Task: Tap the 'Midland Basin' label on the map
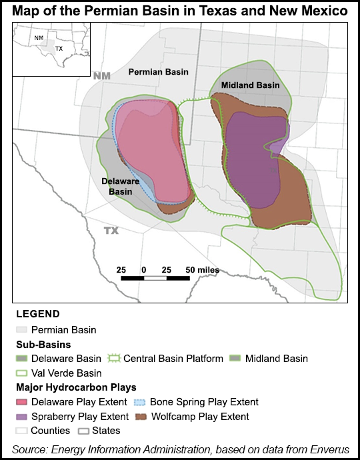250,85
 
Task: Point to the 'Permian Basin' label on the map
158,71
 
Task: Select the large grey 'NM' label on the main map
101,77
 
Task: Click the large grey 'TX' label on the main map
111,230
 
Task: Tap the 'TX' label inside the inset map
59,49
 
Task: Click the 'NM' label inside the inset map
39,38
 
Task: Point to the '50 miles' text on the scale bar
202,269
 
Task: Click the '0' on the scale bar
144,269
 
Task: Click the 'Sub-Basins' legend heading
41,344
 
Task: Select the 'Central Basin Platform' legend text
173,359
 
